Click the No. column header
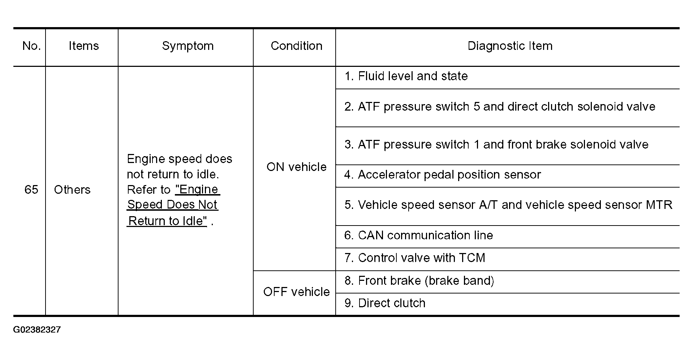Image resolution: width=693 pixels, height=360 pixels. tap(31, 46)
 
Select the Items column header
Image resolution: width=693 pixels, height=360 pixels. tap(83, 46)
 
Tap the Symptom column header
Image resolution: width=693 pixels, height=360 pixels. tap(188, 46)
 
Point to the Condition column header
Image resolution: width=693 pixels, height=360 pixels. tap(296, 46)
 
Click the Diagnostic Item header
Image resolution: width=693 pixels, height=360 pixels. tap(510, 46)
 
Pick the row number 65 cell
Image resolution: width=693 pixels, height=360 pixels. tap(31, 189)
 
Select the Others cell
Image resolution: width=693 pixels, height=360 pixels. tap(72, 189)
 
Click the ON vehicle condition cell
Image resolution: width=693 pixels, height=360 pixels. tap(296, 167)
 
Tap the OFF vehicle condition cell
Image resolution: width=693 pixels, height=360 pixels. tap(296, 292)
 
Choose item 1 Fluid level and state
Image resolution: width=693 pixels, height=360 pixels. tap(406, 76)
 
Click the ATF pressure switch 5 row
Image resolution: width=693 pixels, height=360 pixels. tap(500, 107)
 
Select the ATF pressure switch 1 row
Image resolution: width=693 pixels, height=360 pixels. tap(496, 145)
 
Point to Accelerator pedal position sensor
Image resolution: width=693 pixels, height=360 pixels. tap(442, 175)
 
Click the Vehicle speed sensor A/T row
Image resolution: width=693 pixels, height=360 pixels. tap(508, 205)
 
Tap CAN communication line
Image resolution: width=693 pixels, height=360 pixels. tap(418, 235)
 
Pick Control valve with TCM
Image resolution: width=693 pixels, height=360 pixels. tap(414, 258)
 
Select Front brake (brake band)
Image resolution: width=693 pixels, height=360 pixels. tap(419, 280)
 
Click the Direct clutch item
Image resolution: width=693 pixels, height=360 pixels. tap(384, 303)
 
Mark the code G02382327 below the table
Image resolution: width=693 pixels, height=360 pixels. tap(37, 330)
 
